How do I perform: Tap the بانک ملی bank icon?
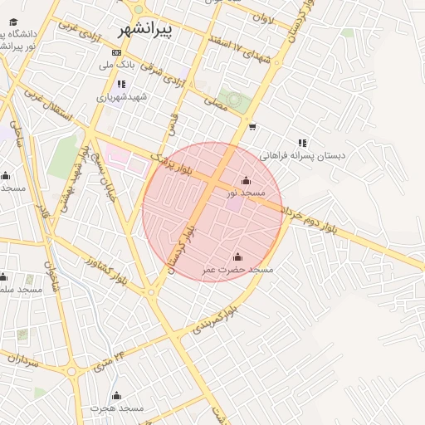click(115, 52)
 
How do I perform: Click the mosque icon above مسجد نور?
click(246, 180)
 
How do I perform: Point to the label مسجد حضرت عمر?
click(238, 270)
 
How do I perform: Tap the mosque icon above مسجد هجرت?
click(116, 395)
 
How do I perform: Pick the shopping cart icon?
click(252, 127)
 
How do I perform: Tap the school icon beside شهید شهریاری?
click(121, 84)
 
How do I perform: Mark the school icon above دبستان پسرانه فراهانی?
click(302, 143)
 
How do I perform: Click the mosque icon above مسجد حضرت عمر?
click(238, 257)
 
